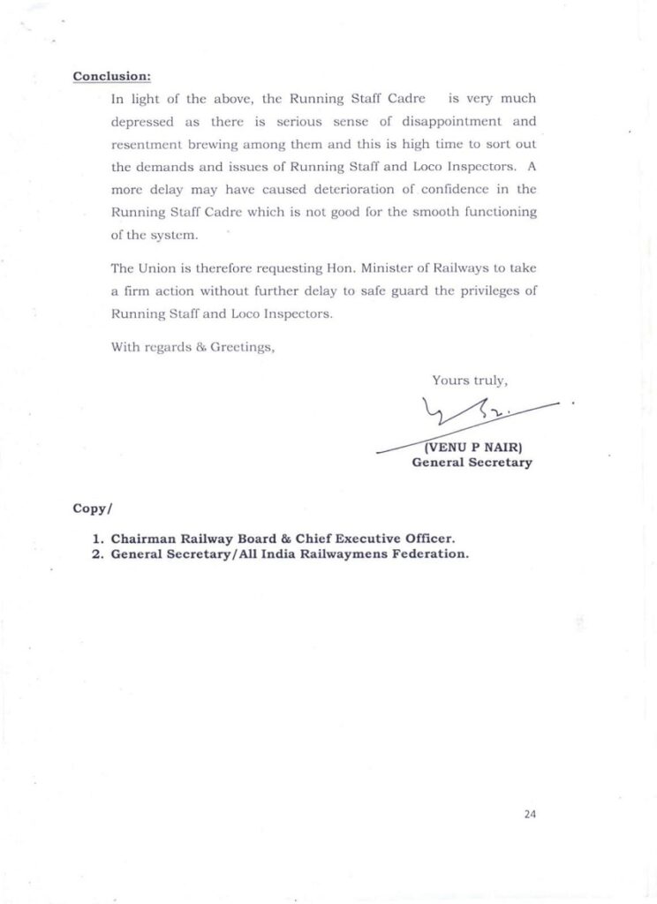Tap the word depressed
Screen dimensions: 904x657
[x=142, y=121]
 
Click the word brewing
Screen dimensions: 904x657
[x=230, y=144]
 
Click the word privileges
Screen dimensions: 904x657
[x=486, y=291]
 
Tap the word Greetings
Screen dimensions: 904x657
[x=242, y=347]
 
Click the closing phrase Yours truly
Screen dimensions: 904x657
[x=470, y=380]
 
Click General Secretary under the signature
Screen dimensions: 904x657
[x=472, y=463]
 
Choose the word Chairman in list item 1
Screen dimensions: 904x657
[x=141, y=539]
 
